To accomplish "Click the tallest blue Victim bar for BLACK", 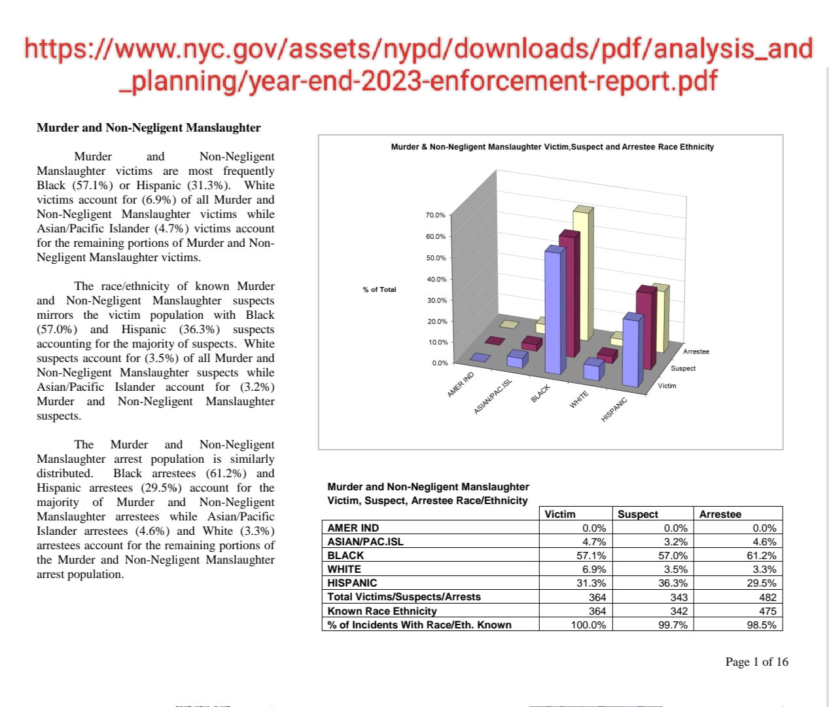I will (554, 311).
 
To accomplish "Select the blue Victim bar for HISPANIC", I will (631, 350).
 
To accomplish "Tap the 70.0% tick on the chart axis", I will (435, 215).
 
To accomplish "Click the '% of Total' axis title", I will (379, 289).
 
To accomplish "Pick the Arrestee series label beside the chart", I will (696, 352).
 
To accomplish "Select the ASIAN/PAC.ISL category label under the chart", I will (493, 397).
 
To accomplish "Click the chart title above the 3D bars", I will (552, 147).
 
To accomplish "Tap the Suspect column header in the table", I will (638, 514).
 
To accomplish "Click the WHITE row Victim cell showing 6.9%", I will (594, 569).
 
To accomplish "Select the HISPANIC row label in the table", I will (352, 583).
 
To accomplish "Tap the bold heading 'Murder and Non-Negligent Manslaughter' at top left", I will (149, 128).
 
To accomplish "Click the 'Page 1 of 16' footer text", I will (756, 662).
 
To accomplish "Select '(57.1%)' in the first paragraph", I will (91, 185).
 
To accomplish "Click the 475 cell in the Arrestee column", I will (767, 611).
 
